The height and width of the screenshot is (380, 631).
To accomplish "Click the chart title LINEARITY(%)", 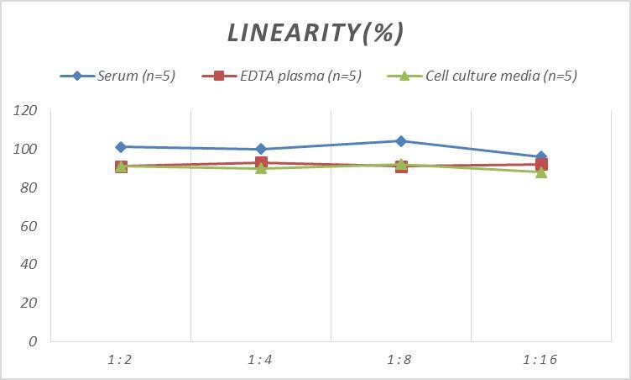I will point(315,32).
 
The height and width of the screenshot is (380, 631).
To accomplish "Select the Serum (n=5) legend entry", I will point(117,76).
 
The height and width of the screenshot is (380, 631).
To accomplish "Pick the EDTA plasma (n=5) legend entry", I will point(282,76).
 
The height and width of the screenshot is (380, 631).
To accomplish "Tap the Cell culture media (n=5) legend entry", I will point(482,76).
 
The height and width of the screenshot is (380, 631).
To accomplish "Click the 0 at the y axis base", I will point(33,341).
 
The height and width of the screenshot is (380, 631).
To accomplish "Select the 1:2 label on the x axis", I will point(120,360).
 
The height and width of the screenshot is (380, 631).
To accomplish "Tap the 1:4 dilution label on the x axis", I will point(260,360).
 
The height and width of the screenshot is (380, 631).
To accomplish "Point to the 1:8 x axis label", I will point(400,360).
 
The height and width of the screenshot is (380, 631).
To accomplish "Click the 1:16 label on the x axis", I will point(540,360).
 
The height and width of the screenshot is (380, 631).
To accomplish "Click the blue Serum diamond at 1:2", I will point(121,147).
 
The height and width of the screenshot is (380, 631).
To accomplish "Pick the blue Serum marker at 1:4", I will point(261,149).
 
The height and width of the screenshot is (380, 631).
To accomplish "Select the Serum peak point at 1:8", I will point(401,141).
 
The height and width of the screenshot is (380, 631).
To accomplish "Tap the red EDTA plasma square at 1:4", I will point(261,163).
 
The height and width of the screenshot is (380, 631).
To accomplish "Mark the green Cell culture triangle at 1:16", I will point(541,172).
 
